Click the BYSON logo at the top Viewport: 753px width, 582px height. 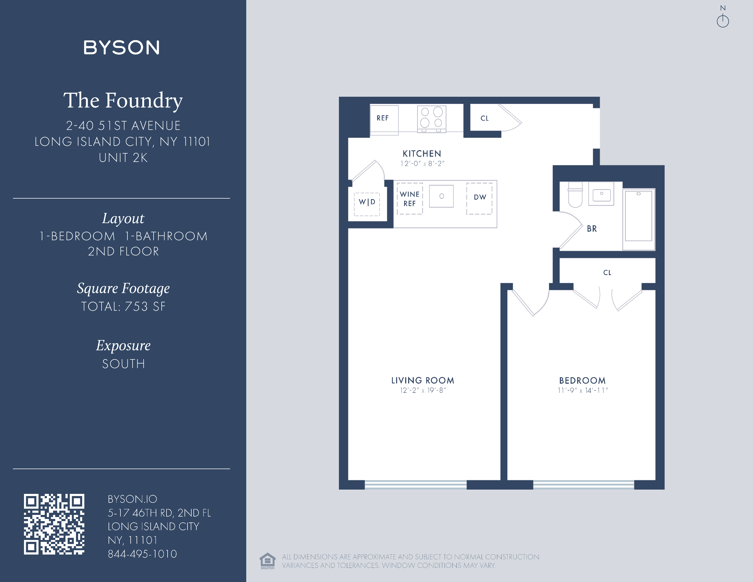click(121, 48)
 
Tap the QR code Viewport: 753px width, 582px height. click(54, 524)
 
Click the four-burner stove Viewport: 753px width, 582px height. click(432, 118)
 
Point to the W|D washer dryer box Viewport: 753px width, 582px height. click(367, 203)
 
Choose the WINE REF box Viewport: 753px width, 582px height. click(410, 199)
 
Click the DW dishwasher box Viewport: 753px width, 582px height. click(480, 198)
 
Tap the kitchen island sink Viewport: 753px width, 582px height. click(441, 196)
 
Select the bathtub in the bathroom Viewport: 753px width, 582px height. click(639, 217)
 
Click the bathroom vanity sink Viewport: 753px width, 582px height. click(601, 195)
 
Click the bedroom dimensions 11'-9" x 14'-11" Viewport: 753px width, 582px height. click(583, 391)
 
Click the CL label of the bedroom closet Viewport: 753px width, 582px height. click(607, 273)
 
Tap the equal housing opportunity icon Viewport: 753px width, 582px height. click(268, 561)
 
